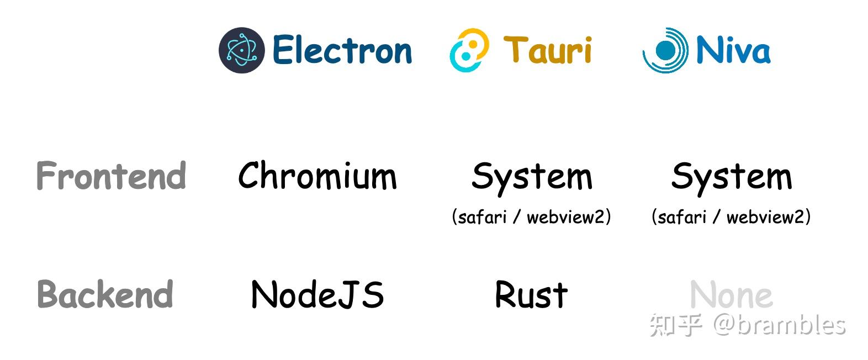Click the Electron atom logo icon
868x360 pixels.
coord(241,50)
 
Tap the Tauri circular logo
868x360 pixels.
coord(469,50)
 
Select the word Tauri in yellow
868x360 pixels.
coord(547,50)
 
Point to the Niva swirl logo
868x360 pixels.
coord(665,50)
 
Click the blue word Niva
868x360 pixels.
coord(733,50)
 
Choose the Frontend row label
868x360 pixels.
coord(111,176)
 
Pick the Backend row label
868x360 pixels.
coord(105,294)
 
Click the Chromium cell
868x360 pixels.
coord(317,176)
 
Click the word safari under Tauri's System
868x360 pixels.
coord(482,217)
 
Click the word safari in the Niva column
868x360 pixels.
coord(682,217)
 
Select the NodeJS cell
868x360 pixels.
coord(317,294)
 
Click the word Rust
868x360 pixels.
coord(531,294)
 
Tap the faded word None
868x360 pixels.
coord(731,294)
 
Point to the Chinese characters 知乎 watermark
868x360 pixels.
coord(676,325)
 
